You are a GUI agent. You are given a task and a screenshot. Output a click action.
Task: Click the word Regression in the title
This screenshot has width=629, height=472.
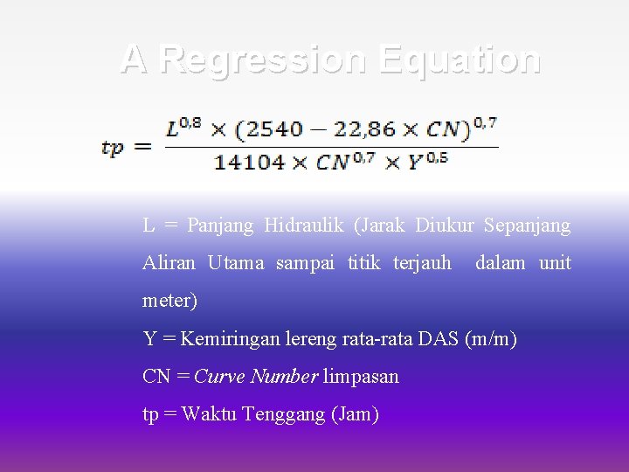263,59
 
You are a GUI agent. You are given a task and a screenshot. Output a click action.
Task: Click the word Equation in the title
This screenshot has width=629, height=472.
460,59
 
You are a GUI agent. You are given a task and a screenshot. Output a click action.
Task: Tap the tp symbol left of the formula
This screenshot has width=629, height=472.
113,147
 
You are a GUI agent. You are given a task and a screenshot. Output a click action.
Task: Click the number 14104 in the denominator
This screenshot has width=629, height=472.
249,163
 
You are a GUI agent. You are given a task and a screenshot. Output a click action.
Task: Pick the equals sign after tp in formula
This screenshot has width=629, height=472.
143,147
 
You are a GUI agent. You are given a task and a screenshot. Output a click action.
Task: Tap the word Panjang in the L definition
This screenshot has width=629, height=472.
220,226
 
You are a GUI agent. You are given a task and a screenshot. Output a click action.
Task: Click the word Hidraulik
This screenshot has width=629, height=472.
303,226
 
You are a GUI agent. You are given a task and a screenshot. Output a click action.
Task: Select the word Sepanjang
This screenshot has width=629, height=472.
528,226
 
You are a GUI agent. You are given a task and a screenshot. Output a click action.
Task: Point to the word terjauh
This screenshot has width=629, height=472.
422,263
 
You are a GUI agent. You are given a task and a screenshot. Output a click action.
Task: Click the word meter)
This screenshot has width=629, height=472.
170,301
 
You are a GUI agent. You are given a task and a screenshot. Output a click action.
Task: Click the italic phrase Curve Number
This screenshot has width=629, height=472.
256,377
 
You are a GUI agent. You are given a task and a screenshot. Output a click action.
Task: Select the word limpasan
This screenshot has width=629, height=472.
361,377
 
